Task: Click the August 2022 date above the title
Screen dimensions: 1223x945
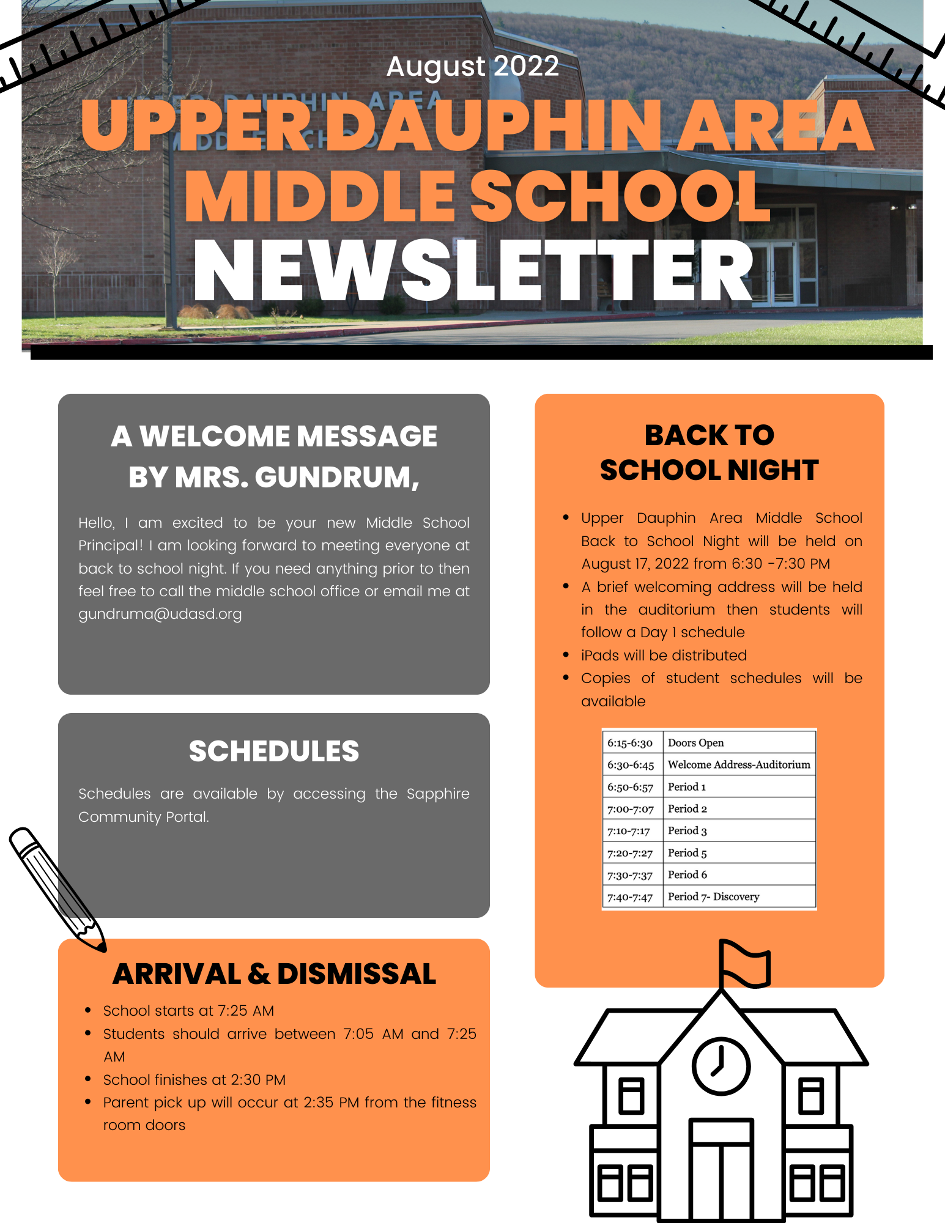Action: tap(472, 66)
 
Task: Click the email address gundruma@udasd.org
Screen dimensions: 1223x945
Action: tap(160, 614)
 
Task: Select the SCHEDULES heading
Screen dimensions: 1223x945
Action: tap(273, 751)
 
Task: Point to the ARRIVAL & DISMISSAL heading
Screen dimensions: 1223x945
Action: tap(274, 974)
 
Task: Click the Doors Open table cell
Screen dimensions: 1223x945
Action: tap(695, 743)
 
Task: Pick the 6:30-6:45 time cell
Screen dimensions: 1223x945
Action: tap(631, 765)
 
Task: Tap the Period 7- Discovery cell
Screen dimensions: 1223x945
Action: tap(713, 896)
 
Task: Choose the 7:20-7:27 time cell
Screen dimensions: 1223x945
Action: tap(630, 853)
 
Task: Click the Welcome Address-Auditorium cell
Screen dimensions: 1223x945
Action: tap(738, 765)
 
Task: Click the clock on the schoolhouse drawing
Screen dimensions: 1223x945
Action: tap(721, 1066)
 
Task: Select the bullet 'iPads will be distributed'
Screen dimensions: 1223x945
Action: tap(664, 656)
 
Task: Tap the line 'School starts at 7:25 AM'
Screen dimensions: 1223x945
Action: tap(188, 1011)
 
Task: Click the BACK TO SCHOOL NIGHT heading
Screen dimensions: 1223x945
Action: tap(709, 453)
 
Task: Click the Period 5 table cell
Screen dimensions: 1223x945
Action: tap(687, 853)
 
